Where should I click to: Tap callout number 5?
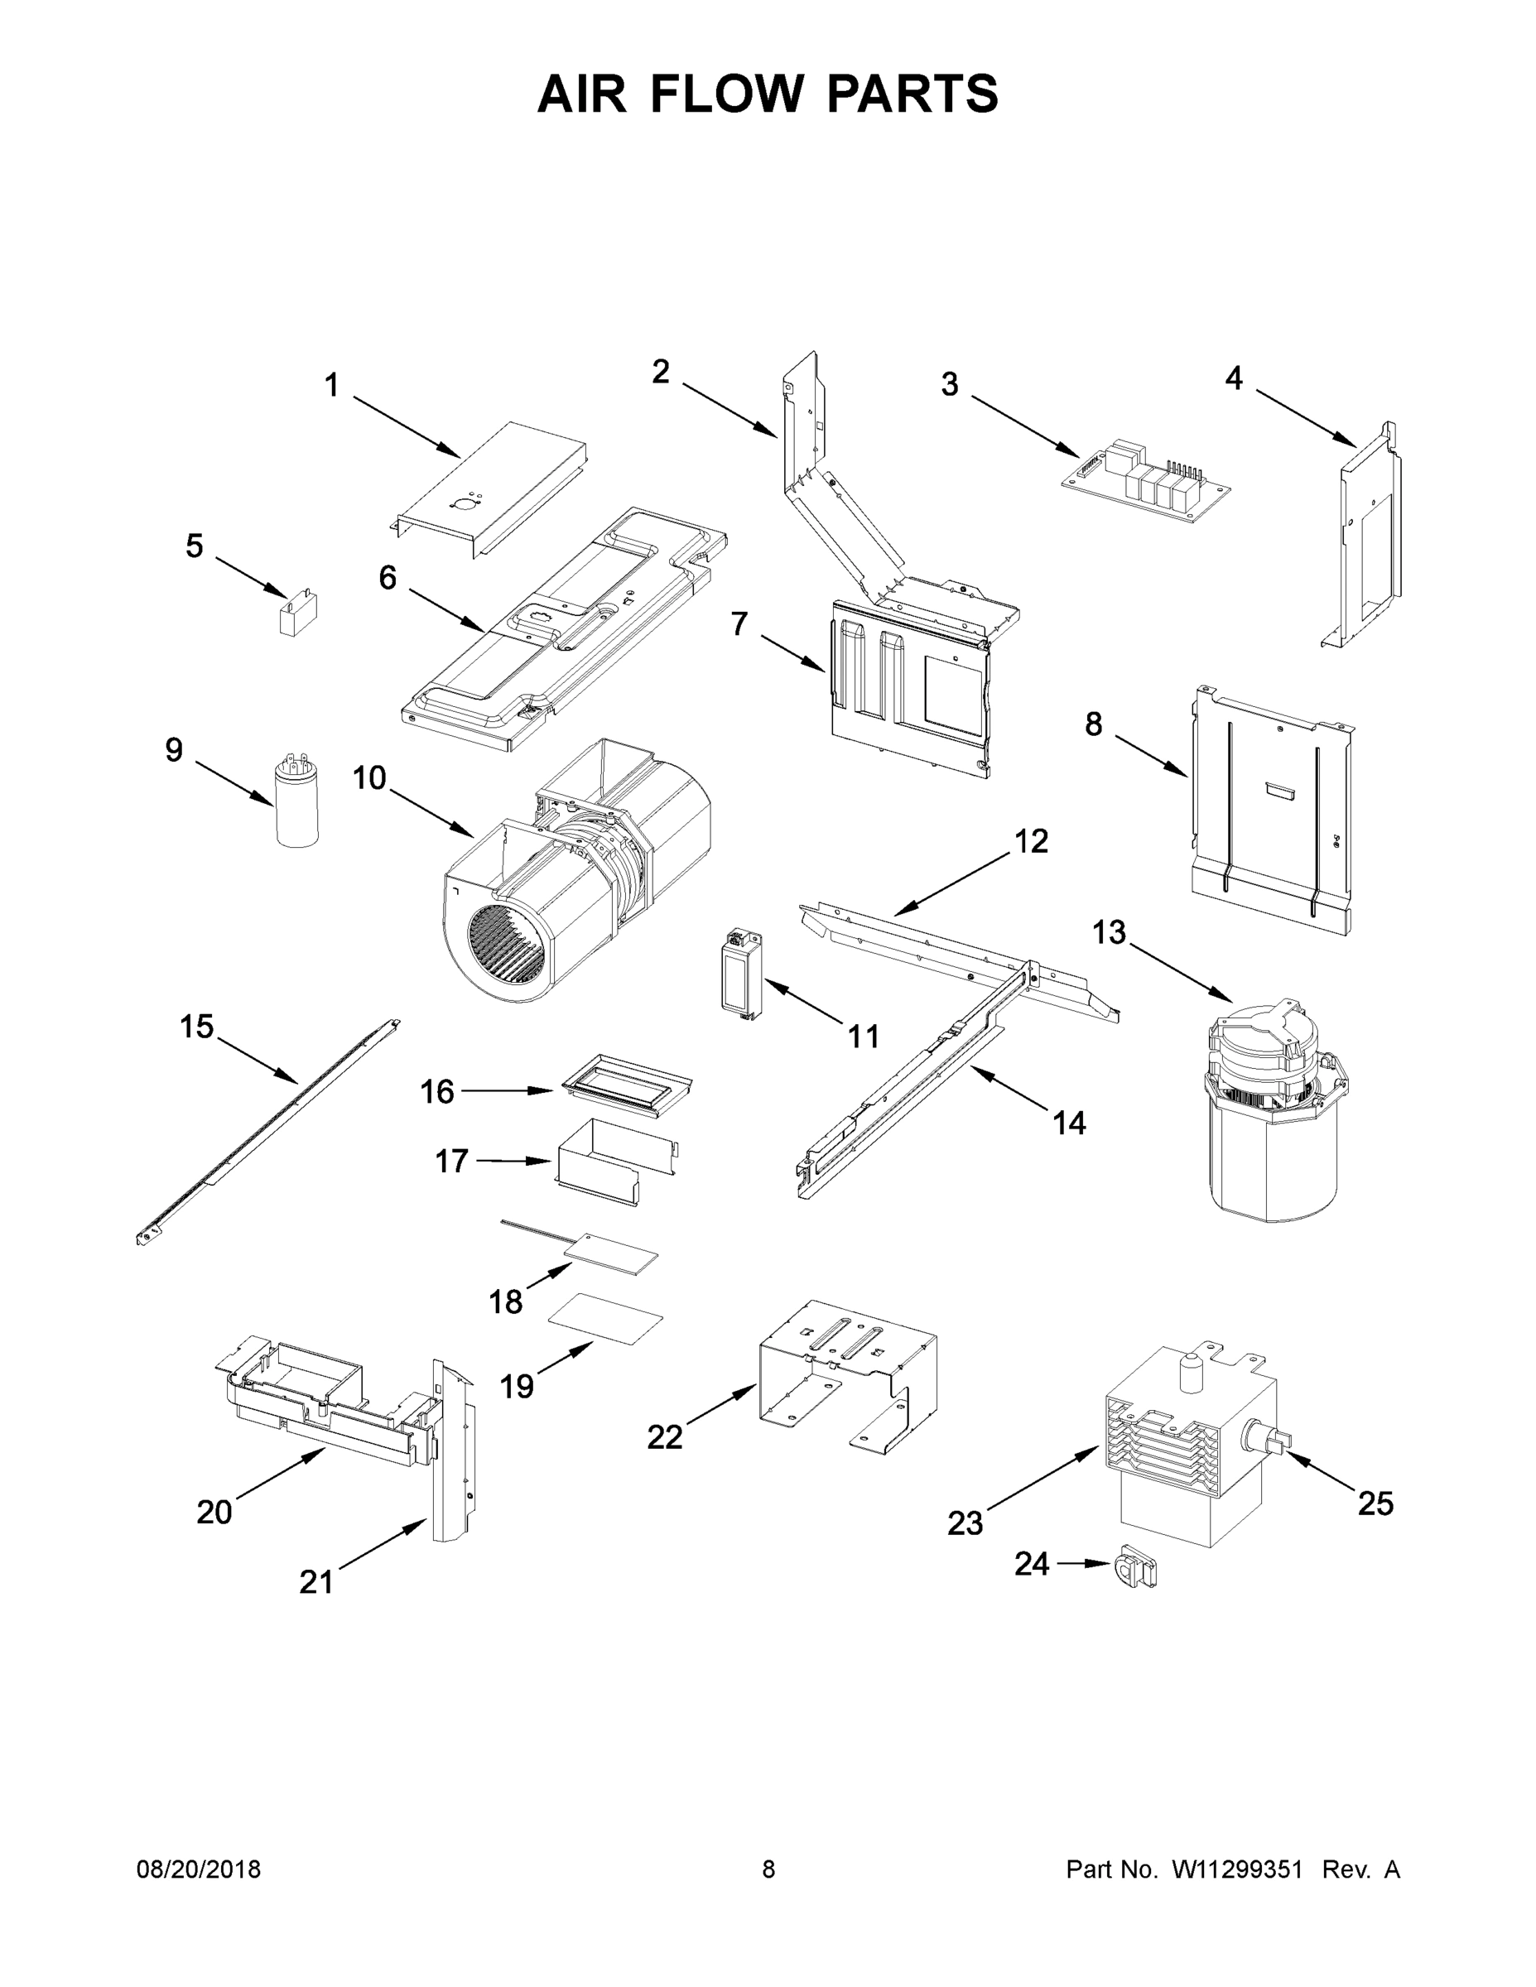[194, 546]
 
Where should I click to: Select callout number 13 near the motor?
[1109, 931]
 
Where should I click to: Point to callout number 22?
[664, 1436]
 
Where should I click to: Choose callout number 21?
[315, 1582]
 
